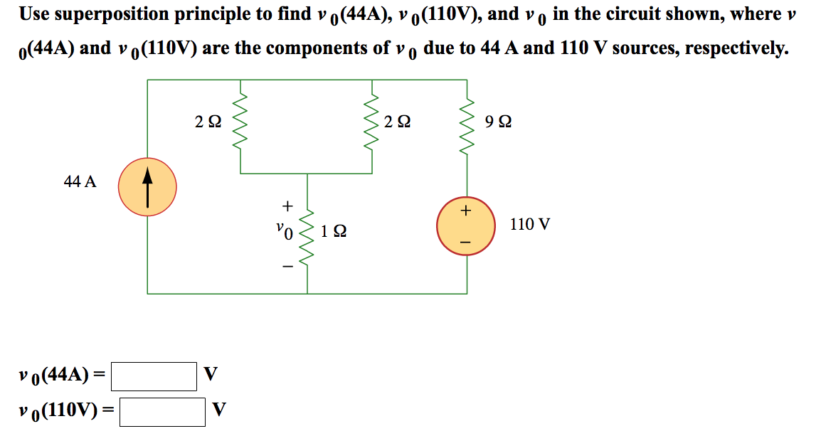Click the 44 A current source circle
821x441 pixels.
pyautogui.click(x=147, y=187)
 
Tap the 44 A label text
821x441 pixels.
pyautogui.click(x=80, y=181)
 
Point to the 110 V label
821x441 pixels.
pyautogui.click(x=530, y=225)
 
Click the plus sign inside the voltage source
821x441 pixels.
pyautogui.click(x=466, y=211)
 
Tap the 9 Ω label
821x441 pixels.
pyautogui.click(x=498, y=122)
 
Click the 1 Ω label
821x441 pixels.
pyautogui.click(x=334, y=232)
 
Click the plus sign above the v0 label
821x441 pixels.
pyautogui.click(x=287, y=206)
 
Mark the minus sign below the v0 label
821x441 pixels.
pyautogui.click(x=287, y=267)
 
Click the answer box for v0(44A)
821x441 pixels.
pyautogui.click(x=154, y=376)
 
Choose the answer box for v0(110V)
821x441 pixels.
pyautogui.click(x=162, y=411)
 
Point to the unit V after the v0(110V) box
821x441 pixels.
pyautogui.click(x=220, y=410)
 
